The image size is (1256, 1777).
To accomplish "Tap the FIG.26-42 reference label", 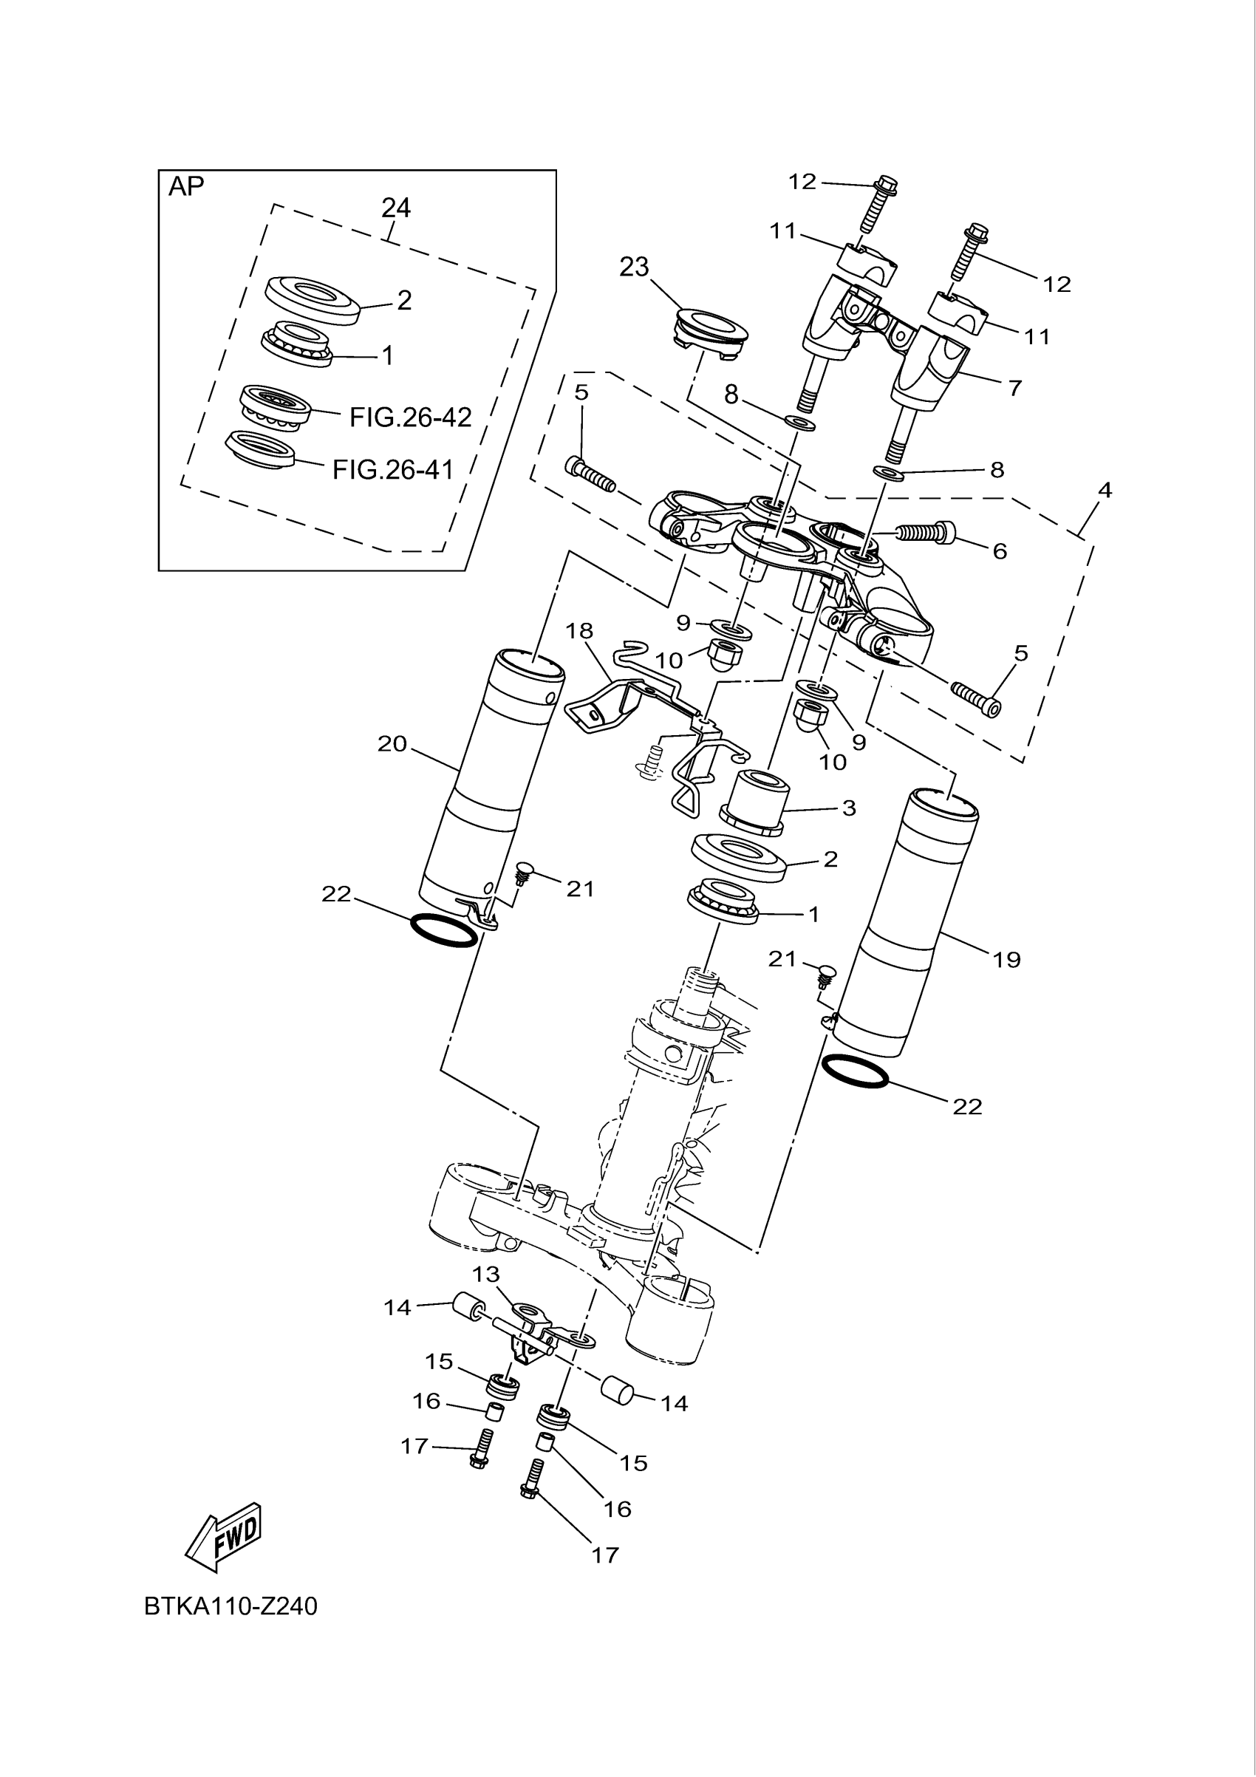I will (410, 418).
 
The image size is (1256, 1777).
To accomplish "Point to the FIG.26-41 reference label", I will (393, 470).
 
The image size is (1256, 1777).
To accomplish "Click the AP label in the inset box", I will (185, 186).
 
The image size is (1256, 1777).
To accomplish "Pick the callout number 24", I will (395, 208).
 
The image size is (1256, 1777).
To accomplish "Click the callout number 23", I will (634, 267).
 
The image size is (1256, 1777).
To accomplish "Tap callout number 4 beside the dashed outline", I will (1105, 490).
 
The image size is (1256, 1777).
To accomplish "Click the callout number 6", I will (999, 551).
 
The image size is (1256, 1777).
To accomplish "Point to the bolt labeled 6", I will (926, 532).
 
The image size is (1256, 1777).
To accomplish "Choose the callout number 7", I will (1014, 388).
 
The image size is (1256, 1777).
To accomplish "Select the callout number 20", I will (392, 744).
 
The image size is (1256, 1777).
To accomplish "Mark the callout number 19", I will (1006, 960).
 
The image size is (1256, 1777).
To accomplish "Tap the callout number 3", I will (849, 808).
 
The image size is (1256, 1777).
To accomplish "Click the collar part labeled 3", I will (754, 802).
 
